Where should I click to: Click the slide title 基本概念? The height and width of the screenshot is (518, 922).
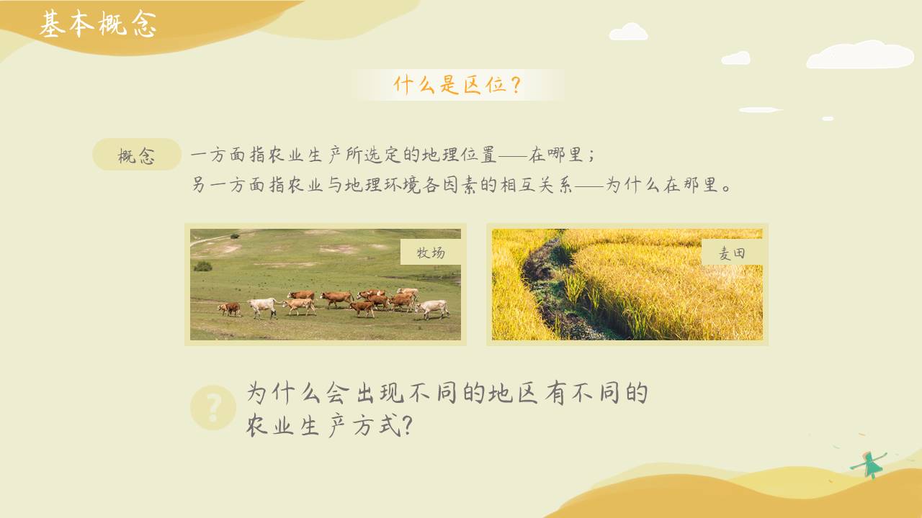coord(97,24)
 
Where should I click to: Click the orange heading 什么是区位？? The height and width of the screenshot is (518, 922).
coord(457,85)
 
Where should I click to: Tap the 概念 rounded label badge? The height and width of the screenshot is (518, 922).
coord(137,155)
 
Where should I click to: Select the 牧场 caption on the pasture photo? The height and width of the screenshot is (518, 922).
coord(431,252)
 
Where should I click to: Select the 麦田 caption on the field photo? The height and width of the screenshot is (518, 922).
coord(732,253)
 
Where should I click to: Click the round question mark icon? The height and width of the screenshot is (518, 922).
coord(213,408)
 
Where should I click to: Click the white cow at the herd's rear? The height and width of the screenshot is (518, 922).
coord(263,306)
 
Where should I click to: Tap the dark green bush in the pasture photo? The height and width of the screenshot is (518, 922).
coord(203,266)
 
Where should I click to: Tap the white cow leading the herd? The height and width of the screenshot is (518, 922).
coord(434,309)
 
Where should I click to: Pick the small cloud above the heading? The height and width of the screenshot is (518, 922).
coord(628,32)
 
